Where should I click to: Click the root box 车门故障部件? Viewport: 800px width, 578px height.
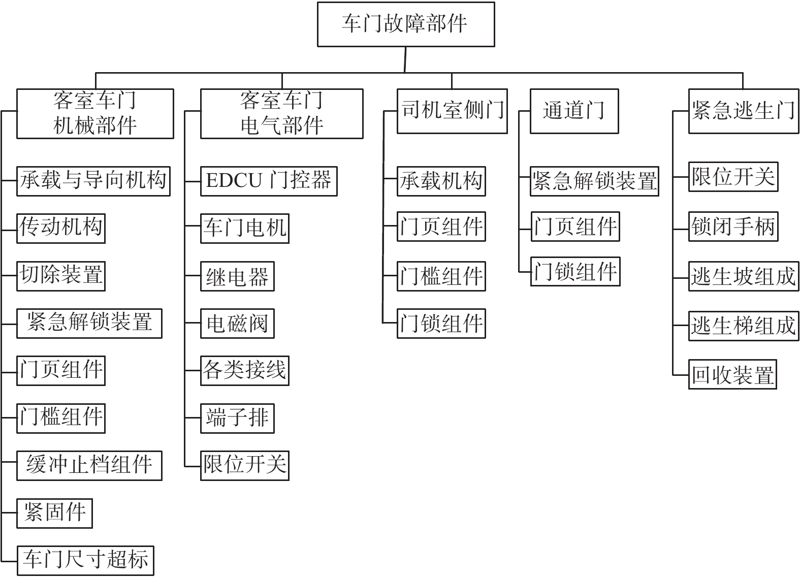pyautogui.click(x=406, y=24)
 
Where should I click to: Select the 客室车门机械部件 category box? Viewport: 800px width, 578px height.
pyautogui.click(x=95, y=114)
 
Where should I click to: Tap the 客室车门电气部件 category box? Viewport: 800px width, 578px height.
pyautogui.click(x=282, y=114)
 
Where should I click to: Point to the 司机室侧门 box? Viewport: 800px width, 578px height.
pyautogui.click(x=452, y=111)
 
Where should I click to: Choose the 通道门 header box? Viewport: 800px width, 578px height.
pyautogui.click(x=574, y=111)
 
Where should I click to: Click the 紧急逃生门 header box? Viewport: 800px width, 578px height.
pyautogui.click(x=744, y=111)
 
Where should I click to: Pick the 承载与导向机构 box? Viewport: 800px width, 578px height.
pyautogui.click(x=93, y=181)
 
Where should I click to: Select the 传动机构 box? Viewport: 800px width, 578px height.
pyautogui.click(x=61, y=229)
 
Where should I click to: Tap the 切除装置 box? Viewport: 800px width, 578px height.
pyautogui.click(x=61, y=276)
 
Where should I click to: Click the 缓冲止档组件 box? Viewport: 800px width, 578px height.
pyautogui.click(x=89, y=465)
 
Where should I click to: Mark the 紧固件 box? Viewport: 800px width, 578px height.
pyautogui.click(x=55, y=513)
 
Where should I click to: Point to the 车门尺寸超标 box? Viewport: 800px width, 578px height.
pyautogui.click(x=85, y=561)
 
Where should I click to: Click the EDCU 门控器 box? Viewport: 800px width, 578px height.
pyautogui.click(x=269, y=181)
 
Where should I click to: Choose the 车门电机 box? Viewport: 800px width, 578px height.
pyautogui.click(x=245, y=229)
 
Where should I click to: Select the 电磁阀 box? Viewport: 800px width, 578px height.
pyautogui.click(x=238, y=324)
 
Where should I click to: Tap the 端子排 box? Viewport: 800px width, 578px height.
pyautogui.click(x=238, y=419)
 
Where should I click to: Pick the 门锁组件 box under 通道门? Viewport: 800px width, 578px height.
pyautogui.click(x=575, y=272)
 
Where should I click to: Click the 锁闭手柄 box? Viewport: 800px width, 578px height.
pyautogui.click(x=733, y=227)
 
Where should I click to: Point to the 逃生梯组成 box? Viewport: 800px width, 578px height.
pyautogui.click(x=744, y=326)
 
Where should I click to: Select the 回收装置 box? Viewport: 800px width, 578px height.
pyautogui.click(x=733, y=374)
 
